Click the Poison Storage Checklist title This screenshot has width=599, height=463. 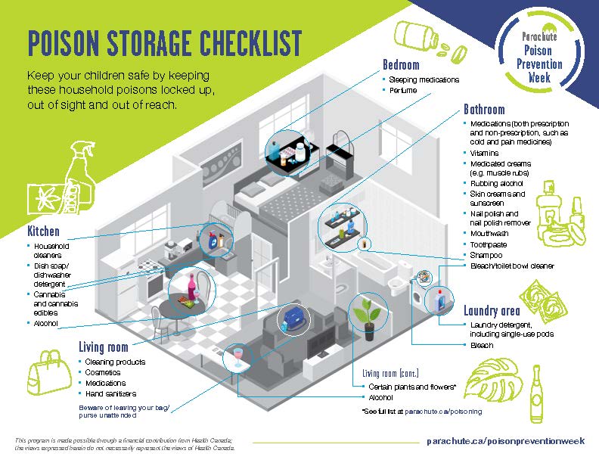click(164, 45)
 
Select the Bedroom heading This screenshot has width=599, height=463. click(401, 65)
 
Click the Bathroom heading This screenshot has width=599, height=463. click(484, 109)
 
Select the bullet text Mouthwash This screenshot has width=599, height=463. click(489, 234)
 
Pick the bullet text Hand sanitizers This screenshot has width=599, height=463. click(112, 394)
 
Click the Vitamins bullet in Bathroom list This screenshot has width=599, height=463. click(484, 153)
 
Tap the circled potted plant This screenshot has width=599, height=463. click(368, 313)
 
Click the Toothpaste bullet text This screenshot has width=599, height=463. click(489, 244)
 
